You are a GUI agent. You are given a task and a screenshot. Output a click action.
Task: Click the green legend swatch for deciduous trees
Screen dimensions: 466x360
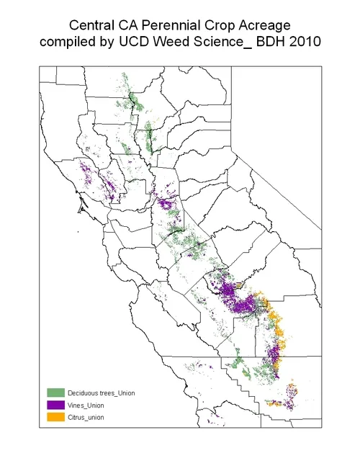pyautogui.click(x=56, y=393)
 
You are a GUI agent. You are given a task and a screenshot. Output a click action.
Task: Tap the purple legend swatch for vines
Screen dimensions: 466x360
pyautogui.click(x=56, y=405)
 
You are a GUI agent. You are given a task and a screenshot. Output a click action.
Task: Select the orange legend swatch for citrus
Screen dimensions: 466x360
pyautogui.click(x=56, y=417)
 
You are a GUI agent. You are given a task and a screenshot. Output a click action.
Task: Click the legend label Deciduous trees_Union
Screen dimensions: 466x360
pyautogui.click(x=102, y=393)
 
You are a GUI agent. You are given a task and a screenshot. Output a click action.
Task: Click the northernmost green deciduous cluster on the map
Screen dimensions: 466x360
pyautogui.click(x=125, y=76)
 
